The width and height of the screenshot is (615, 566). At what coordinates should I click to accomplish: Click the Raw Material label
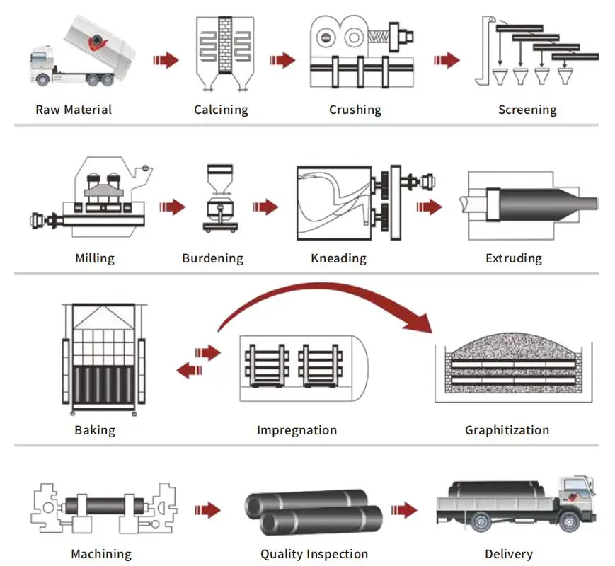coord(74,110)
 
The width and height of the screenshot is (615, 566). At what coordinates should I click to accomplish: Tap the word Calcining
coord(222,110)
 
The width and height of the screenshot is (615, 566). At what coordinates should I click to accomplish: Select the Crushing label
coord(355,110)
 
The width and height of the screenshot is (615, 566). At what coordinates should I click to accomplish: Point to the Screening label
coord(527,110)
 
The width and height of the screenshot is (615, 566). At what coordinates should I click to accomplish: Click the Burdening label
coord(212,258)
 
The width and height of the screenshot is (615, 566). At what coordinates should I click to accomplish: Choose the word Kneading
coord(338,258)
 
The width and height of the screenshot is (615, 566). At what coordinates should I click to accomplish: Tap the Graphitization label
coord(507,430)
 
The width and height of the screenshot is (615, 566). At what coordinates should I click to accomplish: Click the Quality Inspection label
coord(314,554)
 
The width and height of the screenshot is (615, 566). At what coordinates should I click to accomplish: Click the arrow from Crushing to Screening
coord(447,59)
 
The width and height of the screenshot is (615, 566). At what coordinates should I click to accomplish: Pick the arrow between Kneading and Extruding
coord(429,207)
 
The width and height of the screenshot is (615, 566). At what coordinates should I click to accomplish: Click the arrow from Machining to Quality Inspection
coord(207,509)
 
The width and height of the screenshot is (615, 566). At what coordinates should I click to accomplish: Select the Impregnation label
coord(297,430)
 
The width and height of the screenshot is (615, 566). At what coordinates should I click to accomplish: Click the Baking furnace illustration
coord(103,361)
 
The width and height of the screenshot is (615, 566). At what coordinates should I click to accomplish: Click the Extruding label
coord(514,258)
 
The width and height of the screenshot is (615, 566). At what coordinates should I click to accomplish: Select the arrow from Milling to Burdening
coord(172,207)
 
